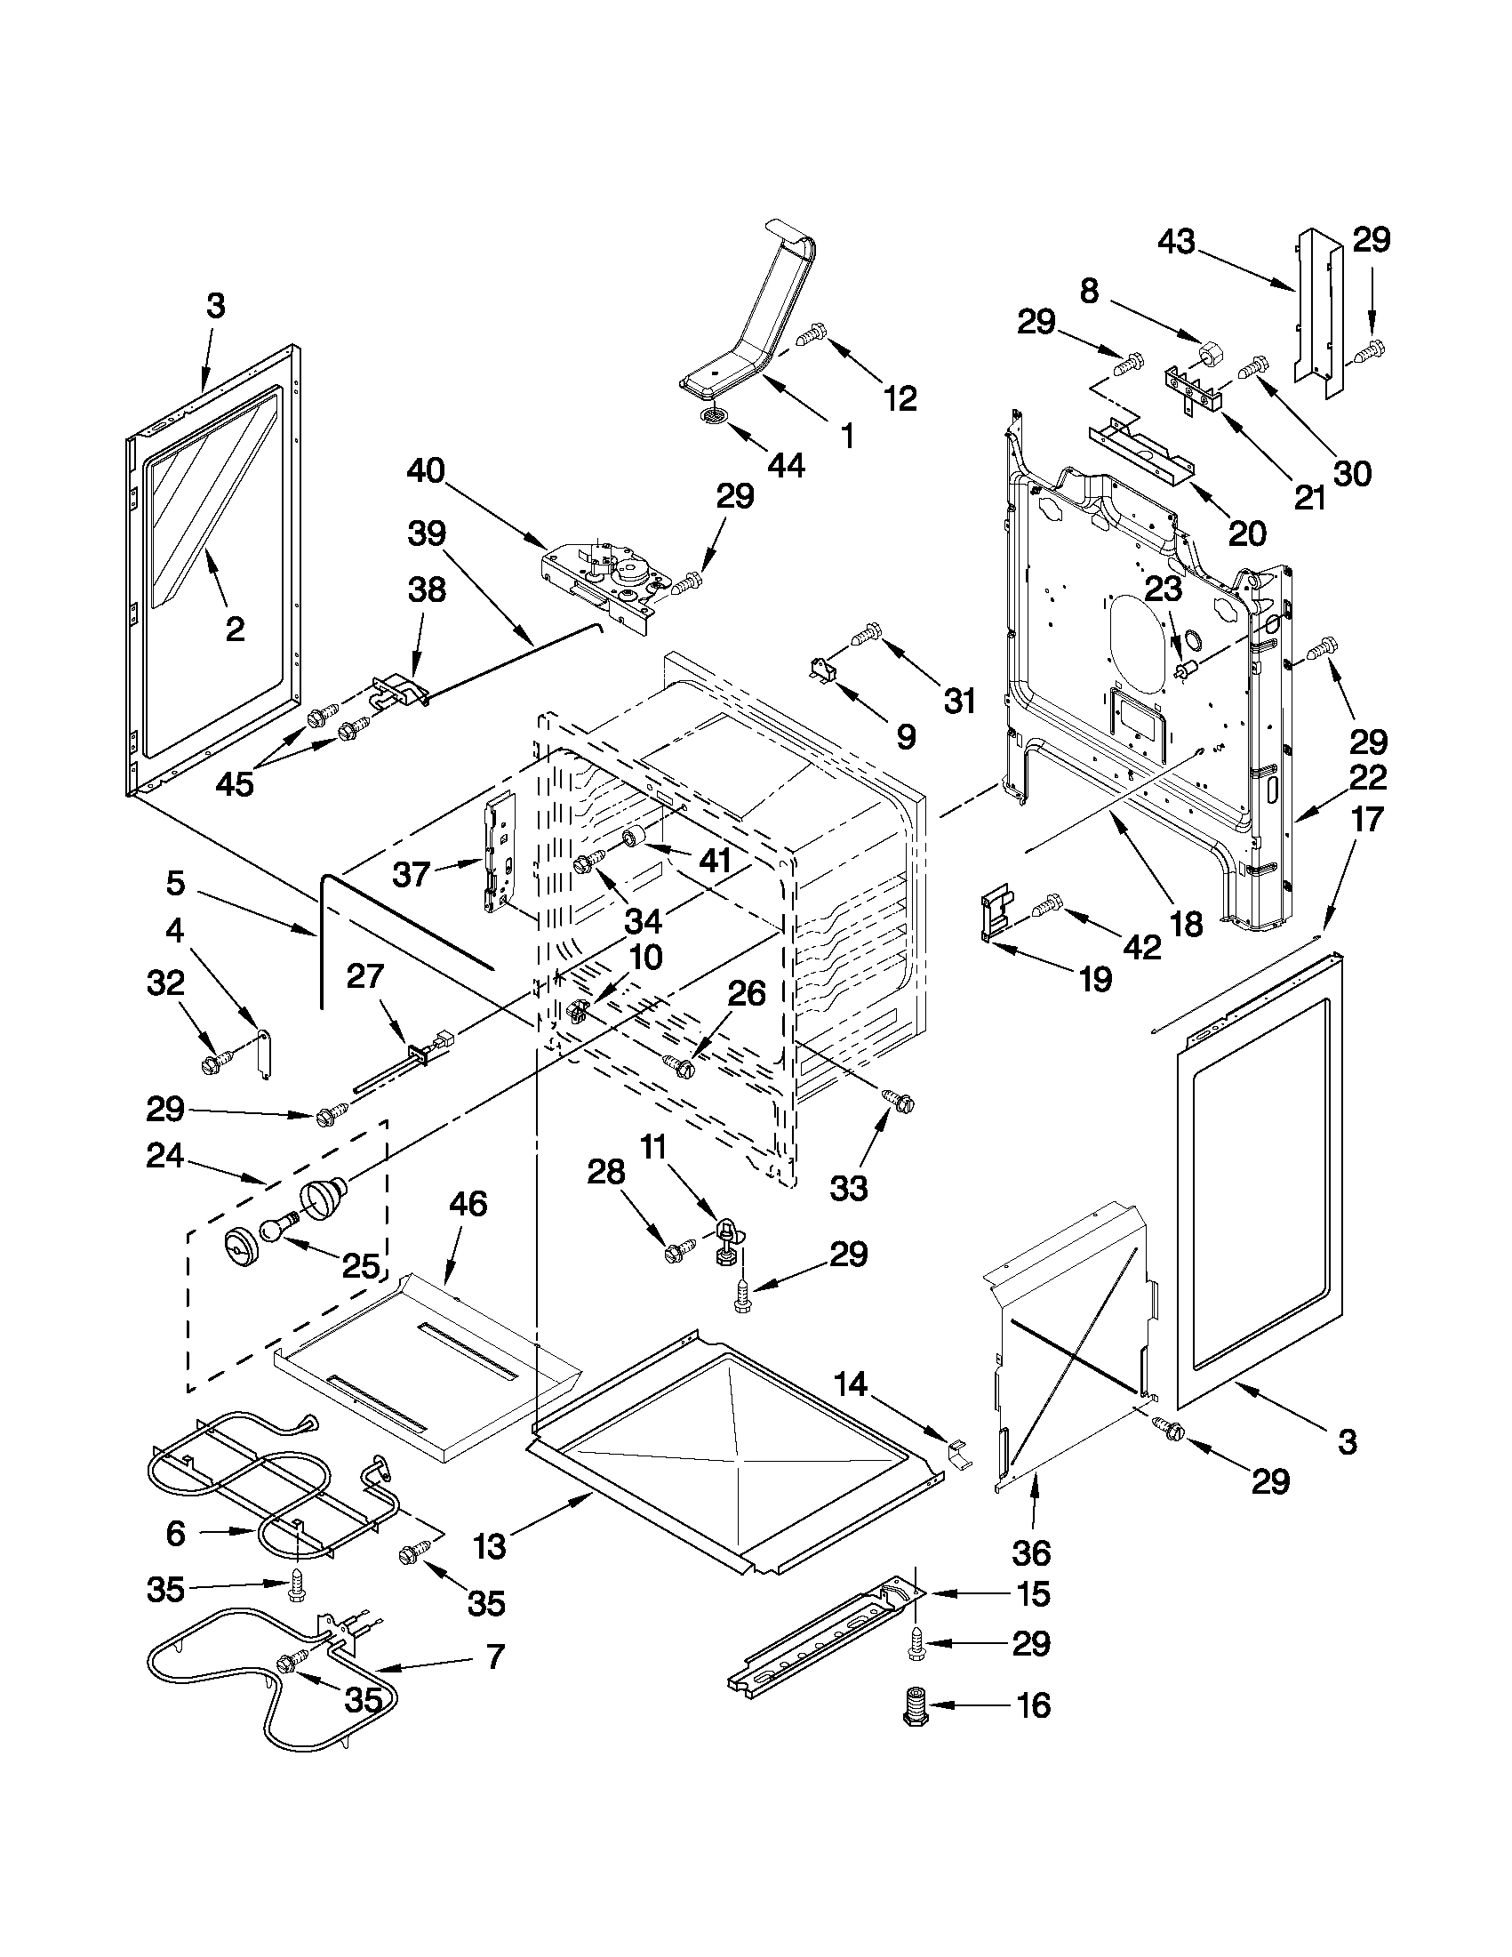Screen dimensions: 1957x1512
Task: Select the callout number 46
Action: (467, 1204)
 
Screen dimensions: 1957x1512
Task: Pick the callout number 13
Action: (490, 1546)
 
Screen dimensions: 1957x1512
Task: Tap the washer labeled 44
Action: (713, 416)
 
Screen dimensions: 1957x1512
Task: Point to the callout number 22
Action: (1366, 777)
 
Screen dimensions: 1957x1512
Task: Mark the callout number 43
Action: (1178, 242)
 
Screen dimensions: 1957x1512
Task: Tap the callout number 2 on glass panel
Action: (235, 629)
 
